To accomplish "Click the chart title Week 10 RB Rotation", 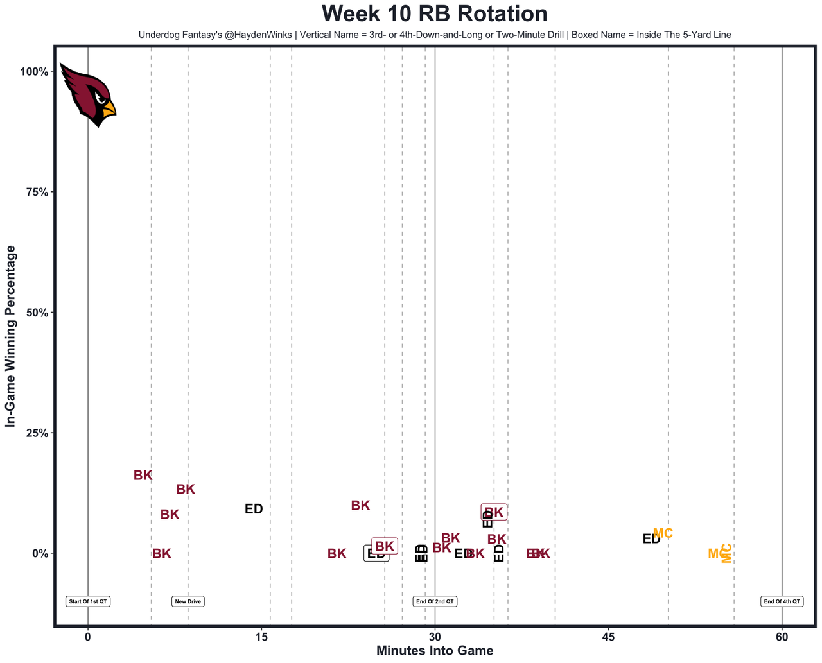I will click(x=435, y=14).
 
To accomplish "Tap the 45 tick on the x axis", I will click(x=608, y=637).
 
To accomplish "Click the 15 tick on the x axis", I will click(x=261, y=637).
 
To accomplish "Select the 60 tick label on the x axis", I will click(x=782, y=637).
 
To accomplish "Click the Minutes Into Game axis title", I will click(x=435, y=651).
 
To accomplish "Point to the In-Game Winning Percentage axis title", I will click(x=10, y=336).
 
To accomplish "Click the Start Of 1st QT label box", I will click(x=88, y=601).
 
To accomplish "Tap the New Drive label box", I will click(x=188, y=601).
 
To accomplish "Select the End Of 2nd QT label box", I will click(x=435, y=601).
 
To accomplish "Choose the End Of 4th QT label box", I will click(x=782, y=601).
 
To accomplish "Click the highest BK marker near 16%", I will click(x=143, y=476).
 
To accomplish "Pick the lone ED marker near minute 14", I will click(x=254, y=509).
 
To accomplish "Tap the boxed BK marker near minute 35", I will click(x=494, y=512).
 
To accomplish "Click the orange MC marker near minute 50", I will click(x=663, y=533).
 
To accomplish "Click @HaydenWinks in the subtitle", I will click(x=258, y=35).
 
